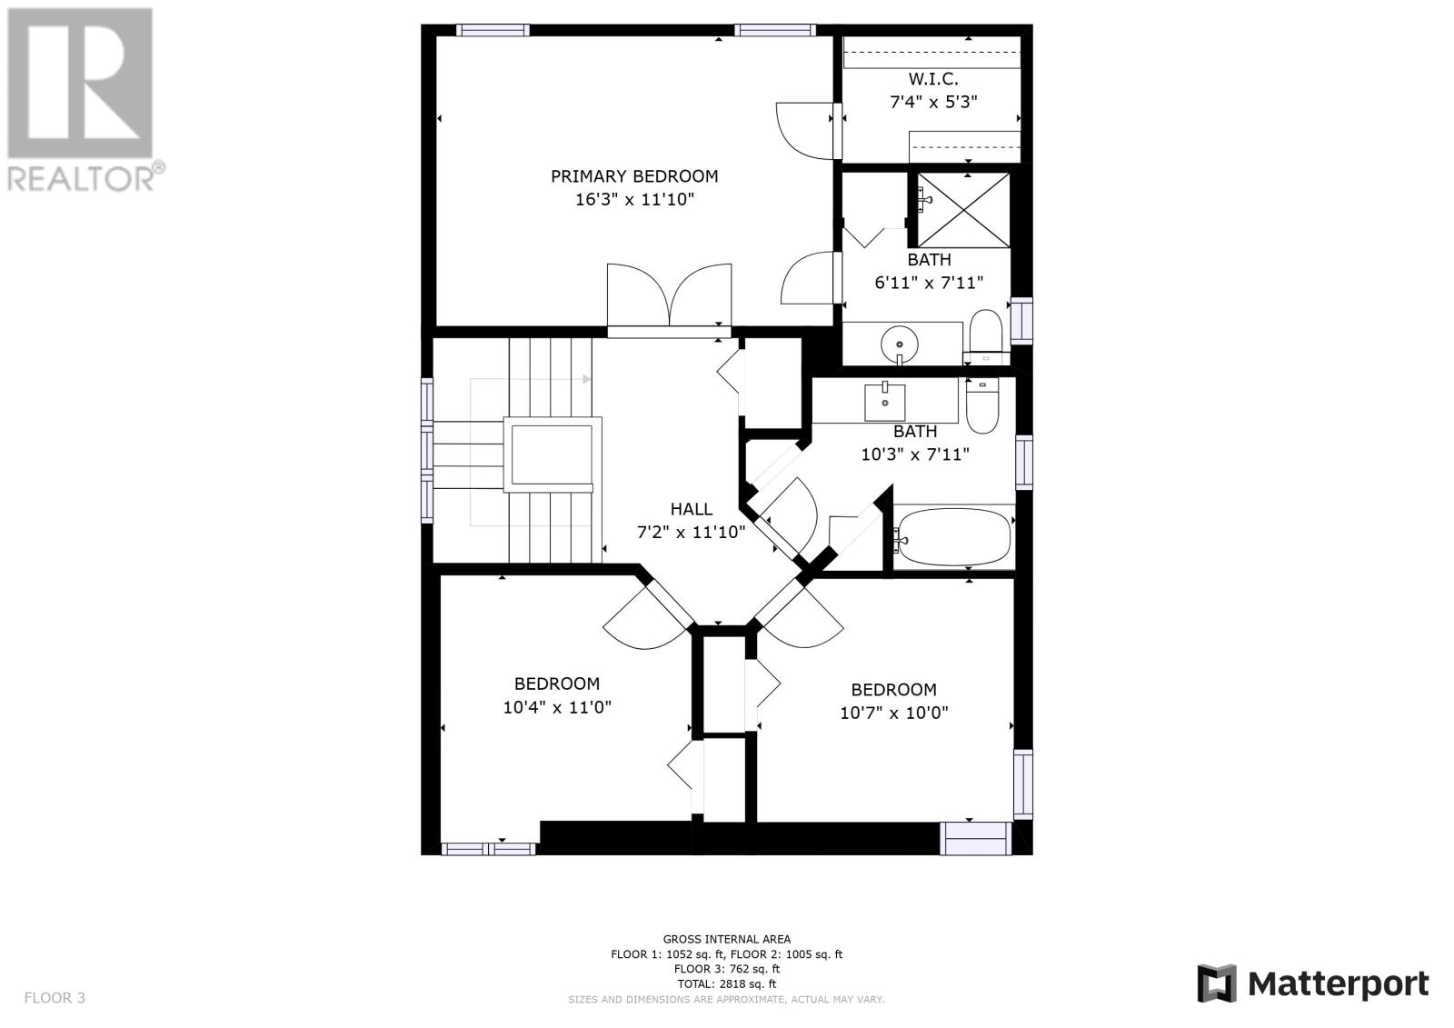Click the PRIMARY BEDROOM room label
[634, 176]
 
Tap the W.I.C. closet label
[933, 79]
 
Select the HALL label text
[692, 508]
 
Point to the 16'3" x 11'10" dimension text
[635, 199]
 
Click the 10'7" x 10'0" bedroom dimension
[894, 713]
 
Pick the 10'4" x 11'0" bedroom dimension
[557, 706]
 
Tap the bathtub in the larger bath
[953, 538]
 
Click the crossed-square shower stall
[963, 210]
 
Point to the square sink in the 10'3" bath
[885, 402]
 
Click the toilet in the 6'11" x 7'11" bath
[986, 337]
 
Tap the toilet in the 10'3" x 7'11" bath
[982, 406]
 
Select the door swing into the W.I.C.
[805, 131]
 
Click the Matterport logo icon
[1217, 983]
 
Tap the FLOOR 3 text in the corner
[55, 997]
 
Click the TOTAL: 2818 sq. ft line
[726, 983]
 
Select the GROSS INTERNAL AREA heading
[726, 939]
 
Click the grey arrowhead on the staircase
[587, 379]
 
